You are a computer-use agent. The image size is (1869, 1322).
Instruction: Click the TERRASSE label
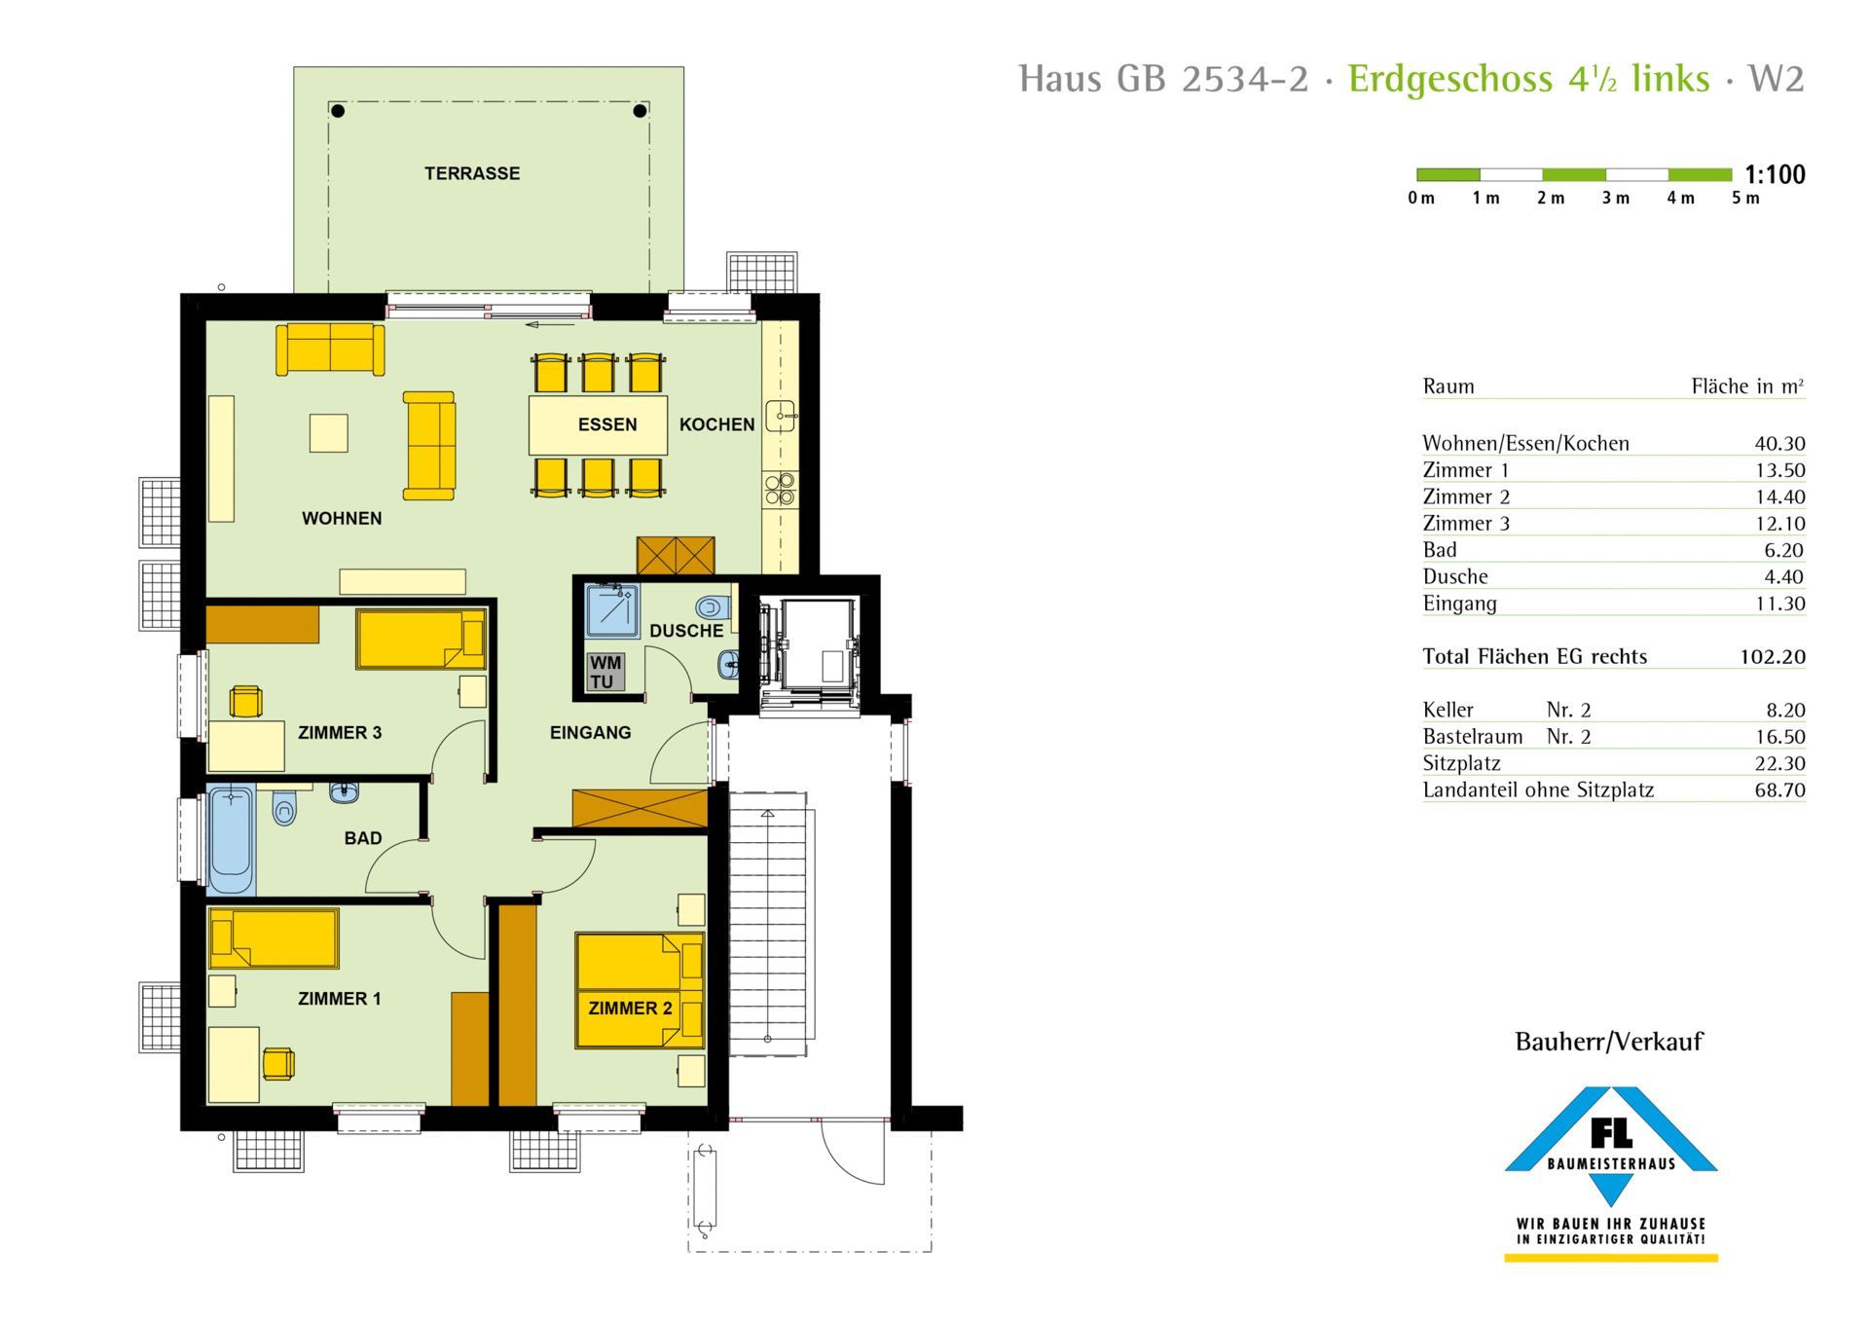tap(472, 173)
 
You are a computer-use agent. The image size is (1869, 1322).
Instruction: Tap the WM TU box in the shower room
tap(605, 673)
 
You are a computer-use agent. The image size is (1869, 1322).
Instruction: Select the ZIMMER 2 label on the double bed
tap(630, 1009)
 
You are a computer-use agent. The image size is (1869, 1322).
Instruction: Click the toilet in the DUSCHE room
tap(713, 608)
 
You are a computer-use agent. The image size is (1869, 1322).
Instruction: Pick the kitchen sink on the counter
tap(781, 417)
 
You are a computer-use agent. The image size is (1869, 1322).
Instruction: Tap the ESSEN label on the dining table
tap(607, 424)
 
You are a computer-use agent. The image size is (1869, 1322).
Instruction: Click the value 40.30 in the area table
tap(1779, 444)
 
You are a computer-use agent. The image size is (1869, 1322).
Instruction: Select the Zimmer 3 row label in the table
tap(1466, 524)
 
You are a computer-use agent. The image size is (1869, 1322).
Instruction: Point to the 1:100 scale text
tap(1775, 175)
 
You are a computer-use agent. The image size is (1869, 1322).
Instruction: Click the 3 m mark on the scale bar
tap(1616, 199)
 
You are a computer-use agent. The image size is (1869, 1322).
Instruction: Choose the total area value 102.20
tap(1773, 657)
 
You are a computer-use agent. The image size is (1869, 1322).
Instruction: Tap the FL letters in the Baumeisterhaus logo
tap(1611, 1132)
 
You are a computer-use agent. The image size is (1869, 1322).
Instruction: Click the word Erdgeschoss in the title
tap(1450, 80)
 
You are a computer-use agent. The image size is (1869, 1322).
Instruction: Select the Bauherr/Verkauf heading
tap(1609, 1042)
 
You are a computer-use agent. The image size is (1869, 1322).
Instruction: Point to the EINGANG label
tap(590, 733)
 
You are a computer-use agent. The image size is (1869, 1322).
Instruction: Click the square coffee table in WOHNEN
tap(329, 433)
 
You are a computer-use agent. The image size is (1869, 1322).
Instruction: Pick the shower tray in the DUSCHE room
tap(612, 611)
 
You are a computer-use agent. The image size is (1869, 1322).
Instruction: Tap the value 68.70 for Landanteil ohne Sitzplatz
tap(1779, 790)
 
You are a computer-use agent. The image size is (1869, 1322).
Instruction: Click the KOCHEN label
tap(717, 424)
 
